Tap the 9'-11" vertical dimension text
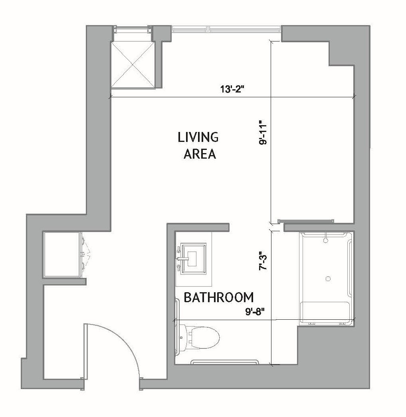point(263,132)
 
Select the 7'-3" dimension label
point(263,262)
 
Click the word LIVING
point(198,137)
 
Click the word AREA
point(200,154)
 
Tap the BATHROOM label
point(218,297)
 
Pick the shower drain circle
point(328,278)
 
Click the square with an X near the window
point(132,64)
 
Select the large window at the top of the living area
point(226,29)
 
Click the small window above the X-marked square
point(132,30)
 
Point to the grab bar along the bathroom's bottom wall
point(224,362)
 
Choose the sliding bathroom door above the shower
point(305,221)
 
